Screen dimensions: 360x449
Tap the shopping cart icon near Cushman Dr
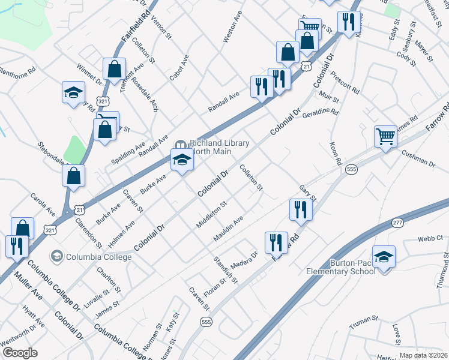385,137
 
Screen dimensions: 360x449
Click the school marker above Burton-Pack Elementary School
384,257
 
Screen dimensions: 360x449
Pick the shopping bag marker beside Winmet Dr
113,69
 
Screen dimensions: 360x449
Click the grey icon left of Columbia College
56,257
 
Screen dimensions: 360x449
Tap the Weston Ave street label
232,26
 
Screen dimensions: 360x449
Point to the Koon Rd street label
336,154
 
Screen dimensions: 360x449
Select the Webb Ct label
430,238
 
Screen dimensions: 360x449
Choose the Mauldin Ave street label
228,230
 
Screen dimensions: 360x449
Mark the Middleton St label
211,215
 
